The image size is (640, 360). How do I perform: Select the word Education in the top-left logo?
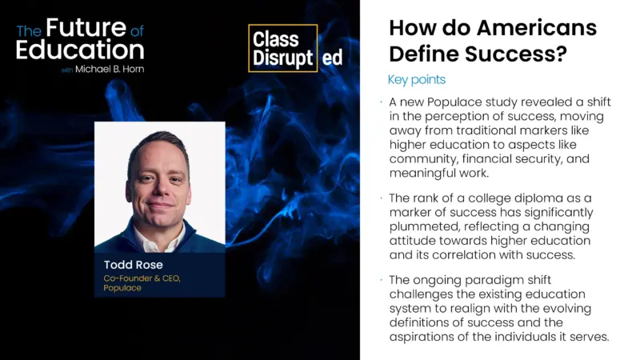coord(80,50)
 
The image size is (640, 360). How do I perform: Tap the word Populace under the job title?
coord(122,288)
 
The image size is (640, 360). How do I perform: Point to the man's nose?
coord(159,187)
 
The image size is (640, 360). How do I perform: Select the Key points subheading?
coord(416,80)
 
